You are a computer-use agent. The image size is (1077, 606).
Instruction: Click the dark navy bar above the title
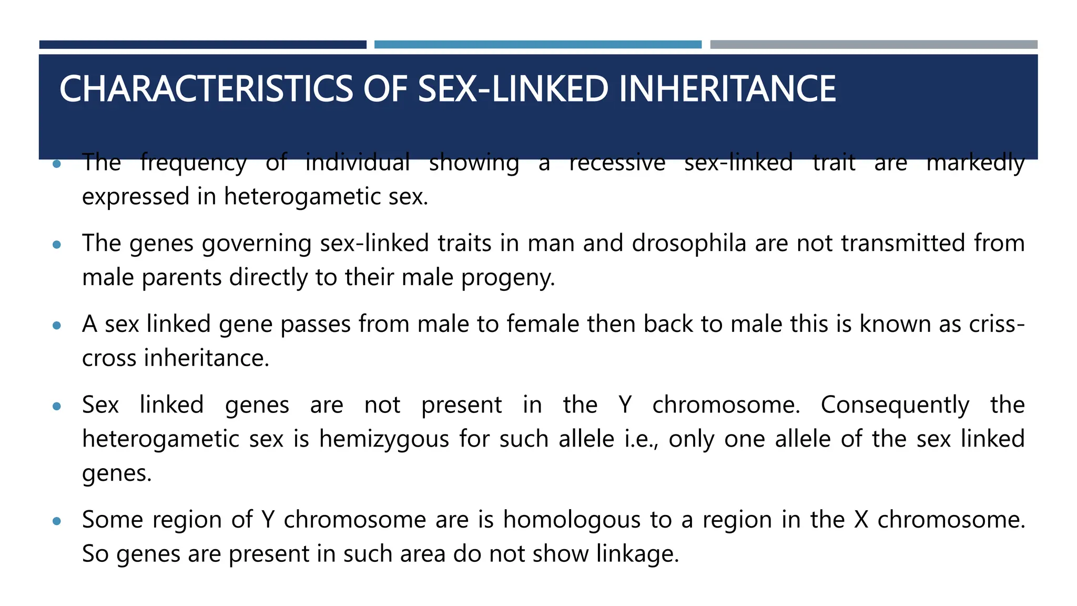coord(202,45)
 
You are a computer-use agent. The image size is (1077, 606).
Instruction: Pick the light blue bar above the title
coord(537,45)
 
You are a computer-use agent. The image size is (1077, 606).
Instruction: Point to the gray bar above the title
coord(873,45)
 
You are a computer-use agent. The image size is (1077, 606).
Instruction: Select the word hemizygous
coord(384,439)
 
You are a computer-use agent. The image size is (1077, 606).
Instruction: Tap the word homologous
coord(572,520)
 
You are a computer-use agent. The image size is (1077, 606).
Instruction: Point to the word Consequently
coord(895,405)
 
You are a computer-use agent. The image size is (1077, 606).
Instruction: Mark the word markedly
coord(976,163)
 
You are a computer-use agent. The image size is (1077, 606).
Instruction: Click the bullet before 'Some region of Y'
coord(57,521)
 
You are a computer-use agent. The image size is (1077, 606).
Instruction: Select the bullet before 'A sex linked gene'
coord(57,326)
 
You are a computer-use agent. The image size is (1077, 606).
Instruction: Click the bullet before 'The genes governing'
coord(57,245)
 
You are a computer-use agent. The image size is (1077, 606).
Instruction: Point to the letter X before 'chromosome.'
coord(861,520)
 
